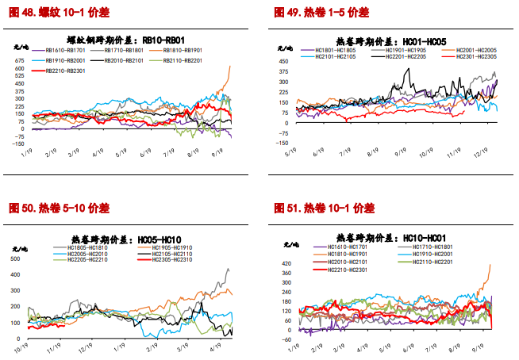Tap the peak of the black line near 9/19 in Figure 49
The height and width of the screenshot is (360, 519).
pos(408,69)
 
